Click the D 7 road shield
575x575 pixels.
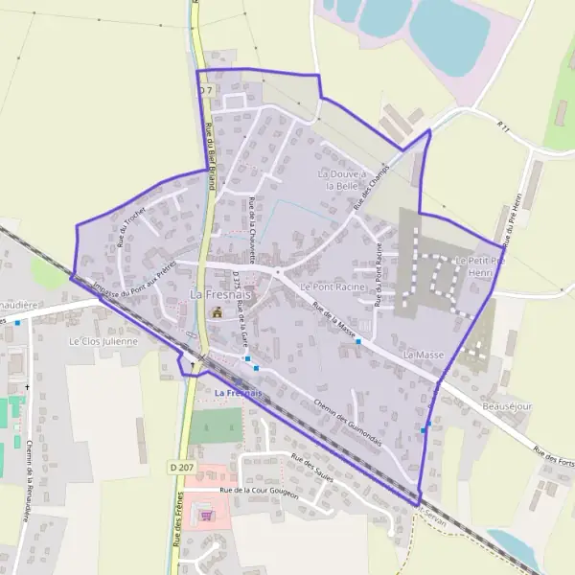pos(203,89)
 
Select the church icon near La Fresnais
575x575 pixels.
pos(217,312)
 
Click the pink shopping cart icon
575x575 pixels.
pos(206,515)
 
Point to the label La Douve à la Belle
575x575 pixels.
pos(341,180)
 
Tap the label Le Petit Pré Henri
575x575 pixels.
pos(472,266)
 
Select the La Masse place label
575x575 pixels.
pos(424,355)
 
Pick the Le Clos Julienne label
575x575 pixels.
pos(103,340)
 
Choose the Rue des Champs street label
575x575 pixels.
pos(370,188)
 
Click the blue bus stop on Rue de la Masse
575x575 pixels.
pos(357,341)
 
